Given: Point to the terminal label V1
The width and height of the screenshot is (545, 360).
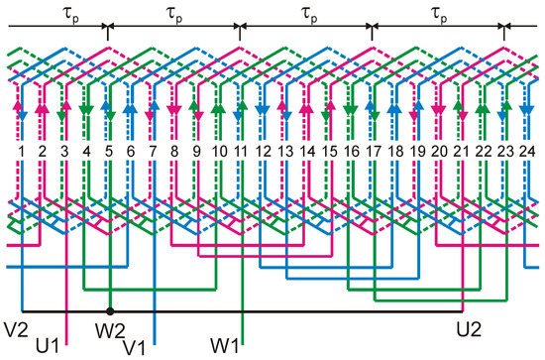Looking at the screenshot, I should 136,346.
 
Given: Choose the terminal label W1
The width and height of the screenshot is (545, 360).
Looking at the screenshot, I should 224,346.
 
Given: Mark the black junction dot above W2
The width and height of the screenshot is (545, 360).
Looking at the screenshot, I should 109,311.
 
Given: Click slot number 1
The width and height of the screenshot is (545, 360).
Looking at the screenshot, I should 19,150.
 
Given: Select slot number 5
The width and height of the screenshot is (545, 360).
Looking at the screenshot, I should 109,150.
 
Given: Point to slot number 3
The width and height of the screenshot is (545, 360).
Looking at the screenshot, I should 64,150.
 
